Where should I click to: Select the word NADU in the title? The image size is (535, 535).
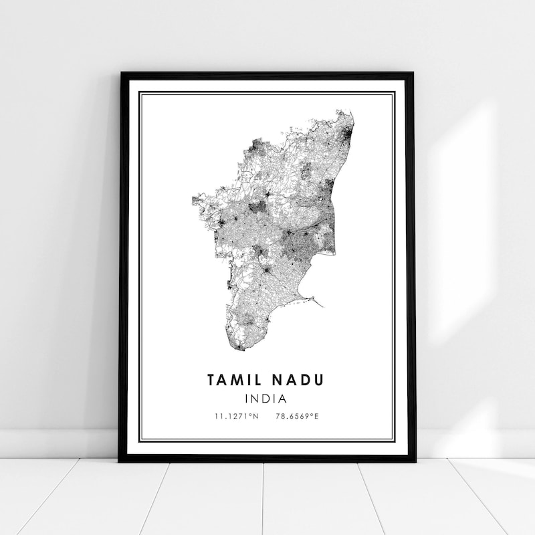click(298, 380)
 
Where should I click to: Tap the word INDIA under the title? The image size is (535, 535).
click(266, 399)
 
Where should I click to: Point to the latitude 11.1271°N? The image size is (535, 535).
click(236, 417)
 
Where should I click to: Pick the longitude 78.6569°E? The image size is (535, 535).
click(298, 417)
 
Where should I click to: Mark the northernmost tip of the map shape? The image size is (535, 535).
click(347, 111)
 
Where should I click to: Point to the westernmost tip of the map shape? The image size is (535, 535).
click(193, 199)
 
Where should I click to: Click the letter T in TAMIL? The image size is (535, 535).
click(212, 380)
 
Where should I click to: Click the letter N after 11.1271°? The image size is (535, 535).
click(256, 417)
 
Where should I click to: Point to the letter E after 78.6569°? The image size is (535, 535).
click(317, 417)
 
